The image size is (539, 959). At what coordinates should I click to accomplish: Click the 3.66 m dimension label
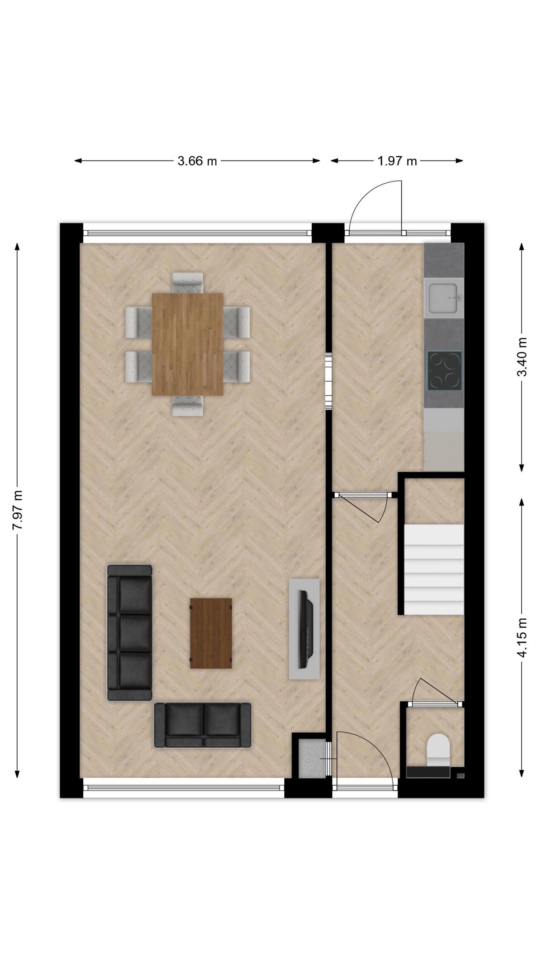tap(197, 161)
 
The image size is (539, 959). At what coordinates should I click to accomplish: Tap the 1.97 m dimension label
tap(397, 161)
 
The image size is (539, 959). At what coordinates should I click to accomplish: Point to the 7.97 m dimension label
tap(18, 510)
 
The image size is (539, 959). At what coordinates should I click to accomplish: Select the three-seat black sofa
tap(129, 633)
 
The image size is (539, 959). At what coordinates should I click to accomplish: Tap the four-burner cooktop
tap(444, 370)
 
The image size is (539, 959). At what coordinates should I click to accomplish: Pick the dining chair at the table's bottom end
tap(187, 405)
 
